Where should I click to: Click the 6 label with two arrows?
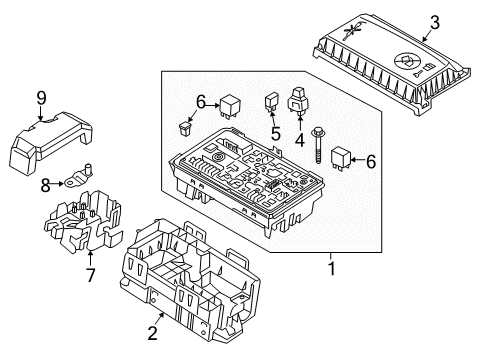coord(200,101)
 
